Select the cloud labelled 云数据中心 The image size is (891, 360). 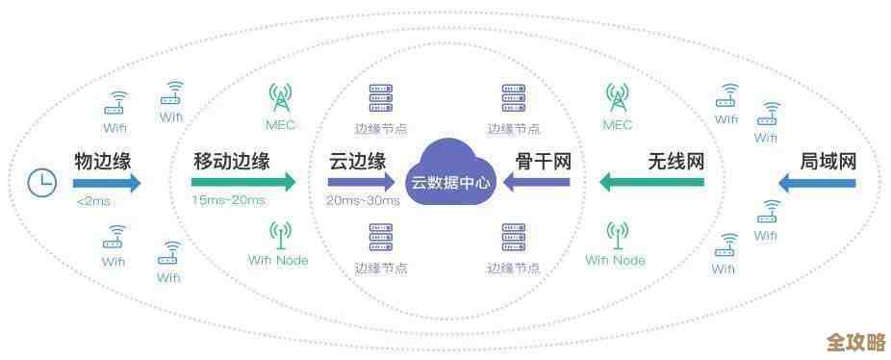pyautogui.click(x=451, y=174)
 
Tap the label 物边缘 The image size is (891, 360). pyautogui.click(x=103, y=161)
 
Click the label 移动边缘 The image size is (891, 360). pyautogui.click(x=232, y=161)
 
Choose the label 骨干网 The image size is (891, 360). pyautogui.click(x=544, y=161)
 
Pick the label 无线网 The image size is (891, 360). pyautogui.click(x=675, y=161)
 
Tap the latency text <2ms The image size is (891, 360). pyautogui.click(x=92, y=201)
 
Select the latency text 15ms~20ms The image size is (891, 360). pyautogui.click(x=228, y=200)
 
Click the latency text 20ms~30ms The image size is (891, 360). pyautogui.click(x=363, y=200)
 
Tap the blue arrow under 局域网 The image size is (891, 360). pyautogui.click(x=815, y=182)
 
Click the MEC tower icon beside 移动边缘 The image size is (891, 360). pyautogui.click(x=280, y=97)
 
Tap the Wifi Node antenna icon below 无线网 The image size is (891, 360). pyautogui.click(x=616, y=234)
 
